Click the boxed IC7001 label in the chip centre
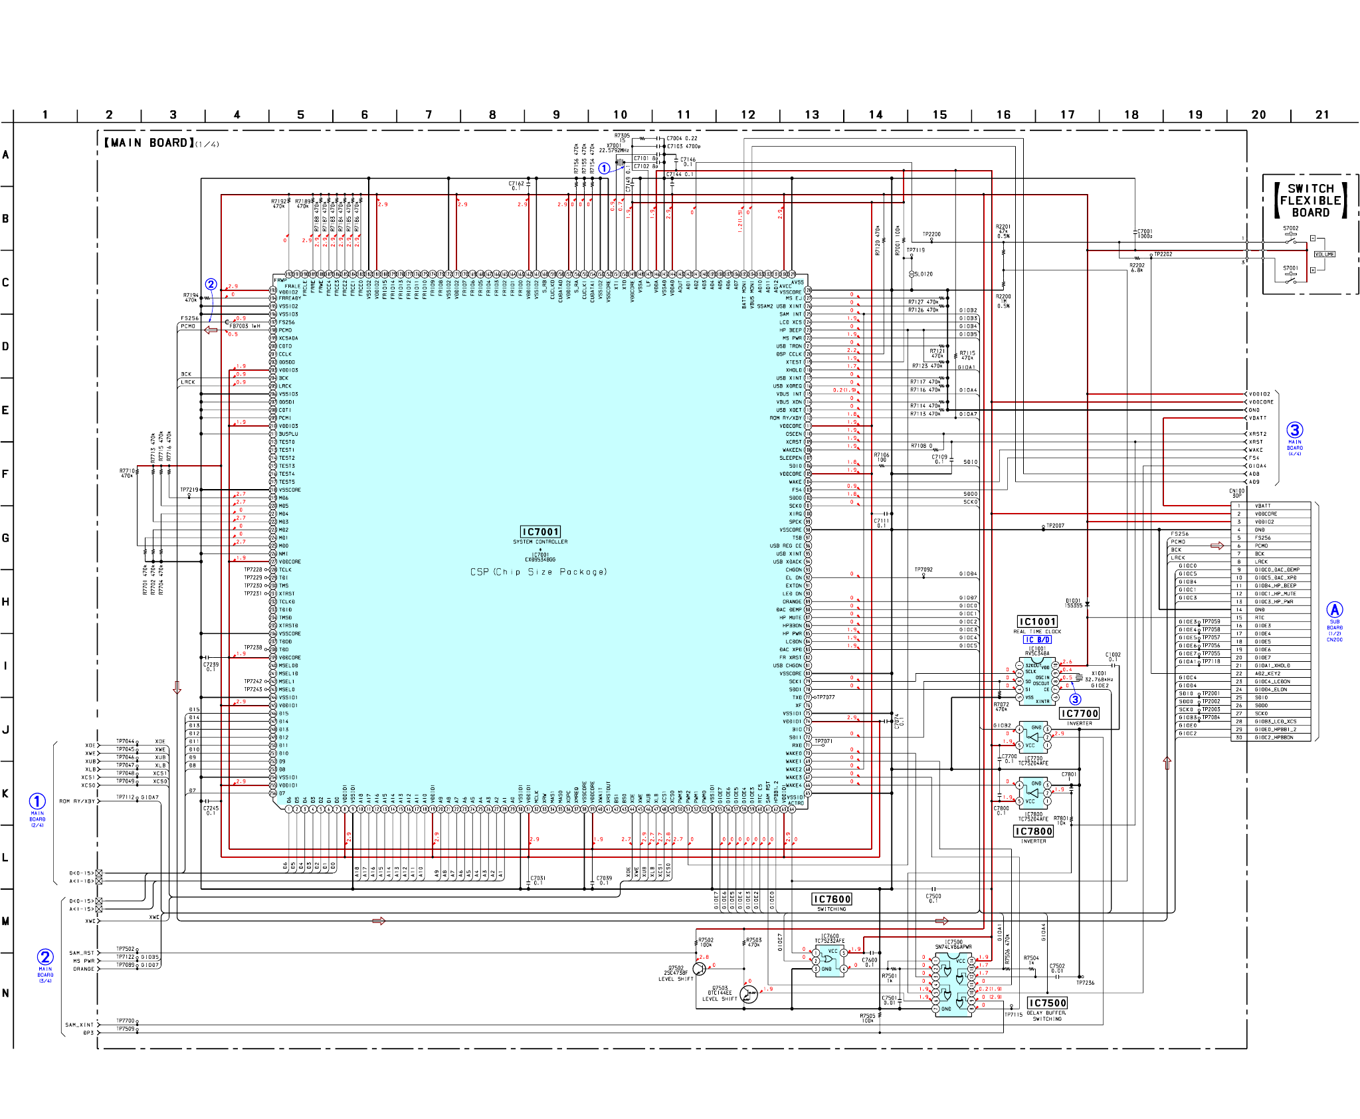coord(540,532)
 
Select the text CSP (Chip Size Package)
coord(538,571)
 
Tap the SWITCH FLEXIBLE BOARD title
coord(1310,201)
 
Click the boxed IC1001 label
coord(1037,622)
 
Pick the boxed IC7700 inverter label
coord(1079,713)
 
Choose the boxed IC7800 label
coord(1033,831)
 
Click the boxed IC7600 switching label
coord(832,899)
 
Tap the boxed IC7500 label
coord(1047,1003)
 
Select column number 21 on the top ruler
coord(1322,115)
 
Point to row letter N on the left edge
coord(5,993)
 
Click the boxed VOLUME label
coord(1324,254)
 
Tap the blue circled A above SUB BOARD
coord(1334,609)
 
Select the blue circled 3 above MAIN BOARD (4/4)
coord(1295,430)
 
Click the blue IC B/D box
coord(1037,640)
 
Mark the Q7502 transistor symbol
coord(700,969)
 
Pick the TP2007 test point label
coord(1055,526)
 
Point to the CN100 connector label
coord(1236,492)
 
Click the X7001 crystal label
coord(614,145)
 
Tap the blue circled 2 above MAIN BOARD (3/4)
coord(45,957)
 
